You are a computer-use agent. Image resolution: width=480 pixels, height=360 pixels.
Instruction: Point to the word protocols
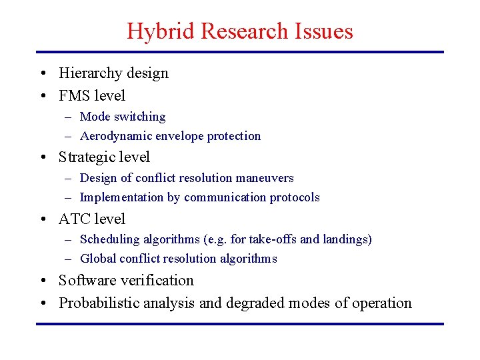coord(295,197)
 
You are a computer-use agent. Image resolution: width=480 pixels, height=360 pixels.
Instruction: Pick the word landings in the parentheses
coord(346,239)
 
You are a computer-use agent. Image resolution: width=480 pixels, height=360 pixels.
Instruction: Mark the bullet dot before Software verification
coord(43,281)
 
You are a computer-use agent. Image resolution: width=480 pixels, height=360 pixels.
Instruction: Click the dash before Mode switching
coord(69,117)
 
